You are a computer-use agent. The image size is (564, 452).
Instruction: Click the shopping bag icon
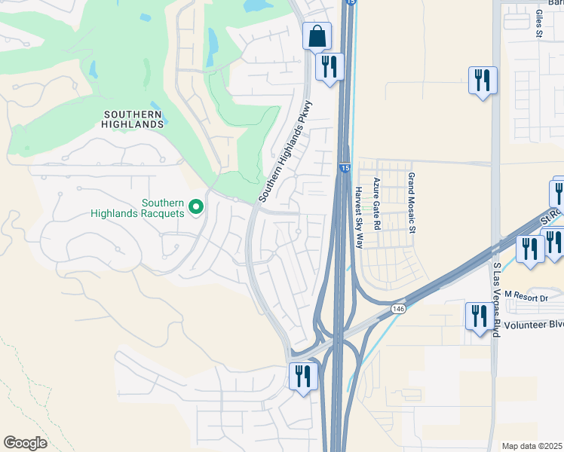[317, 35]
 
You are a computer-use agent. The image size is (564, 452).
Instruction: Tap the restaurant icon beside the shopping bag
[330, 66]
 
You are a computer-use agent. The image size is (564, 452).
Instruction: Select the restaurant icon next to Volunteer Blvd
[480, 316]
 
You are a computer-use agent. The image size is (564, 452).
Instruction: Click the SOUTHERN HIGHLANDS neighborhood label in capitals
[133, 119]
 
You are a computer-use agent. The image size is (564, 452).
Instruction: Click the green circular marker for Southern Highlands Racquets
[196, 206]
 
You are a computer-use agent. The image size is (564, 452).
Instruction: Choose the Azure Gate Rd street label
[376, 203]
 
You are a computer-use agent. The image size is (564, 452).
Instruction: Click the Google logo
[26, 442]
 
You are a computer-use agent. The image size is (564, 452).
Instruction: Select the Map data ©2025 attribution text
[532, 446]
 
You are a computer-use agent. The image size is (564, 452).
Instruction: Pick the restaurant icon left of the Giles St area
[482, 80]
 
